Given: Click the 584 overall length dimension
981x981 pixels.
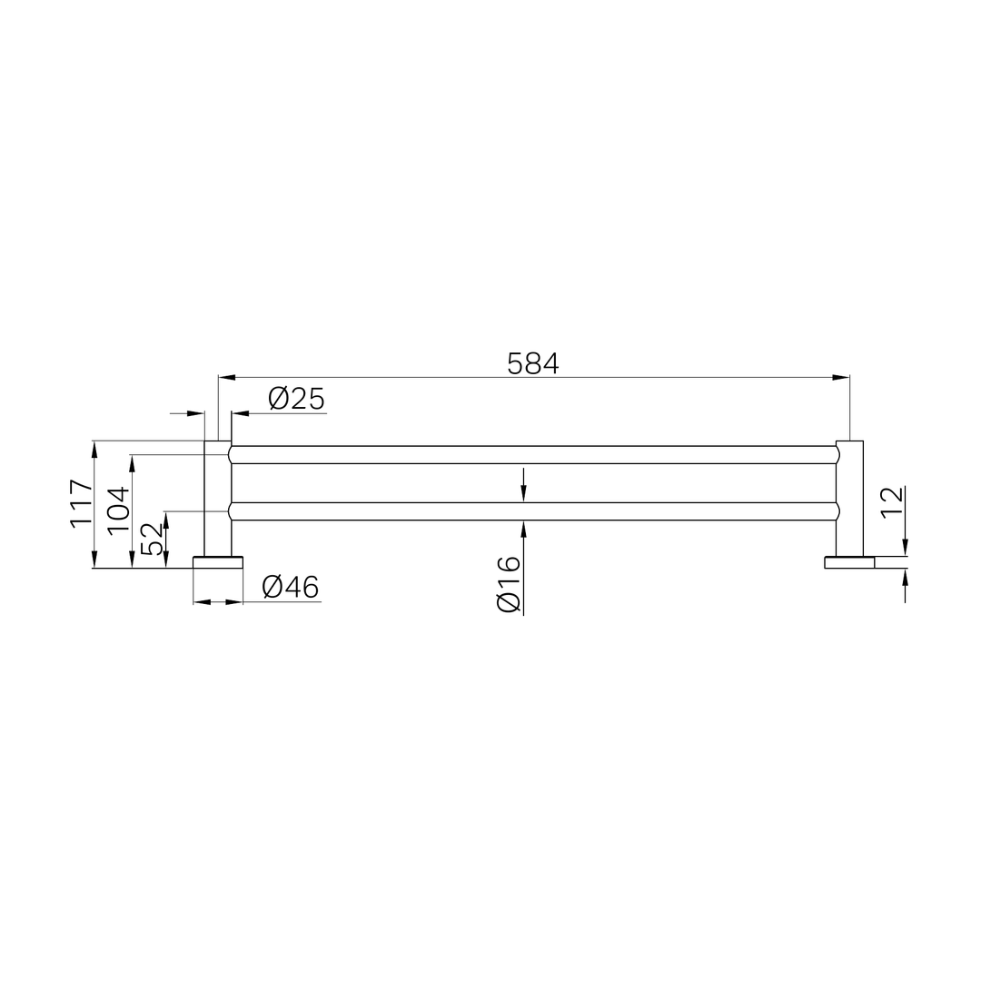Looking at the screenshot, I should coord(533,363).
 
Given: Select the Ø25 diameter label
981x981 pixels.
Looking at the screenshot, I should coord(296,399).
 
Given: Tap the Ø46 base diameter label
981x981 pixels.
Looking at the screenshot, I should coord(291,588).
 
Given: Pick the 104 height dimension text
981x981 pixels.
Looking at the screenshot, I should coord(119,510).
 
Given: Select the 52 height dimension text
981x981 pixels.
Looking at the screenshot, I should coord(152,540).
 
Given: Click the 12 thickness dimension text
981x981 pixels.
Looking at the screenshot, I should coord(893,501).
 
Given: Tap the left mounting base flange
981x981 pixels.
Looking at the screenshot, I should coord(218,562).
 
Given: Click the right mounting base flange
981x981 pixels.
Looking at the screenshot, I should coord(849,562).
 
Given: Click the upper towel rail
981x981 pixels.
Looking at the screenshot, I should coord(533,455).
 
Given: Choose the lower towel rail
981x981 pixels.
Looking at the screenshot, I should coord(533,511).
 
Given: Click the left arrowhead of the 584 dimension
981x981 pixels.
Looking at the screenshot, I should coord(227,377).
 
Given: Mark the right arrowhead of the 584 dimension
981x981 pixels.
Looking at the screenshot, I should coord(841,377).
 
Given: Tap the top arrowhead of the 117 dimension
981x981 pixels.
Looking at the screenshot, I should coord(94,449).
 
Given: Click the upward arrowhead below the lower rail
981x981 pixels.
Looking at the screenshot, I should coord(524,529).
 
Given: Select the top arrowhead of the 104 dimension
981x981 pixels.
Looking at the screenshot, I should coord(133,463).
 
